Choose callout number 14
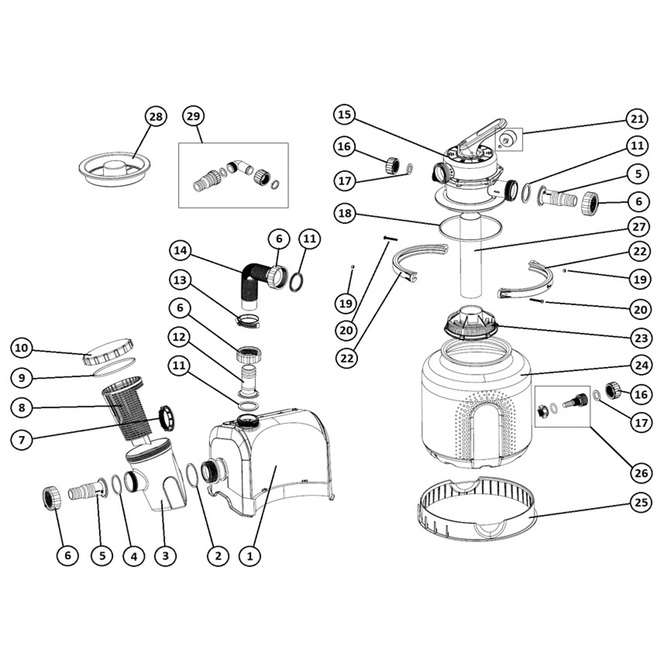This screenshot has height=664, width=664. pyautogui.click(x=180, y=251)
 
